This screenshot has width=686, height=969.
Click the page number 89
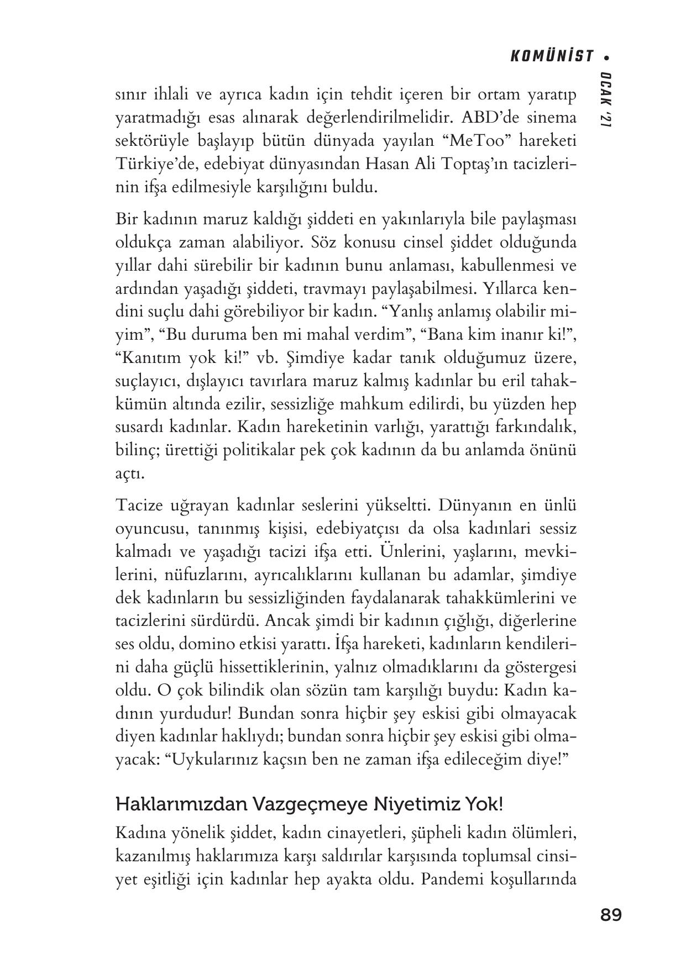(x=610, y=915)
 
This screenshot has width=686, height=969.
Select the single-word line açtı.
(x=130, y=474)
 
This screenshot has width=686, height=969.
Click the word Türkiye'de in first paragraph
(x=152, y=164)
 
